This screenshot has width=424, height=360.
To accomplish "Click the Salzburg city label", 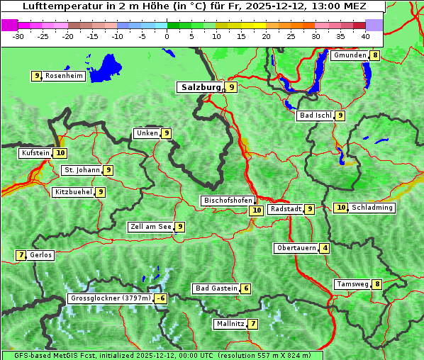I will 201,87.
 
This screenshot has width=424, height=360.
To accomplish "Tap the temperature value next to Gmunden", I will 375,55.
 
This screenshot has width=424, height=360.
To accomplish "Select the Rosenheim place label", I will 64,76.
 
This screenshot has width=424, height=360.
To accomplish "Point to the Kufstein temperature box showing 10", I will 61,152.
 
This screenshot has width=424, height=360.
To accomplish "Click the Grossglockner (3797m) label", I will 111,298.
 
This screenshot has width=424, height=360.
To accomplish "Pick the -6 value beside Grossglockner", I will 161,298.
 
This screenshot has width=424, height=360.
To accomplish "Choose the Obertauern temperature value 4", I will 325,248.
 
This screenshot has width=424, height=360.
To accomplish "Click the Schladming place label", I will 372,208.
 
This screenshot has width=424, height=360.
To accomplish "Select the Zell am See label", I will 151,227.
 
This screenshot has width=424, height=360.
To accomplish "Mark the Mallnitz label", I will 230,324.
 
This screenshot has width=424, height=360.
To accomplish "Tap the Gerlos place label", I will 41,255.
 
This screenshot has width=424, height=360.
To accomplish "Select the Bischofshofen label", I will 228,201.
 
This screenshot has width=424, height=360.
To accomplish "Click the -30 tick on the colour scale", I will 19,36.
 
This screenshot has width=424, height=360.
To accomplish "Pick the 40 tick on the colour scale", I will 365,36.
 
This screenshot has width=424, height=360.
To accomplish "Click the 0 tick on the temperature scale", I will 167,36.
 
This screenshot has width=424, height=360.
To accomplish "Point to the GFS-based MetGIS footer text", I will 162,355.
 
